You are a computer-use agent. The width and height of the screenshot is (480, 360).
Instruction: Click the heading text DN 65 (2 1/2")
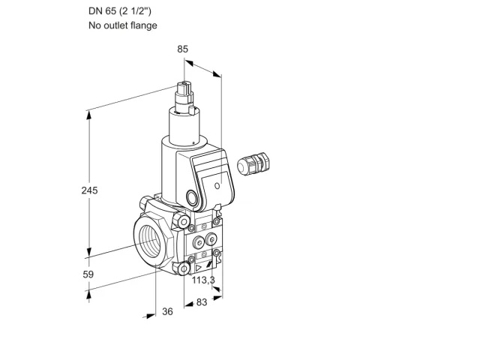120,11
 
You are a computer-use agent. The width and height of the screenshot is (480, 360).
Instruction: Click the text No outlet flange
123,25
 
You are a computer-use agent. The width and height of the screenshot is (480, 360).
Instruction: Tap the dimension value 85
183,49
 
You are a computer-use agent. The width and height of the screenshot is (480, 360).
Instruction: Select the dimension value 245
89,190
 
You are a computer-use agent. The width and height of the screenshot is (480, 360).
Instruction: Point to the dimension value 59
88,274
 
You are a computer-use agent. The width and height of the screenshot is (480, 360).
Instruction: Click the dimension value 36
167,312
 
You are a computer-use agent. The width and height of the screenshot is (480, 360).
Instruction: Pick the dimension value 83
202,302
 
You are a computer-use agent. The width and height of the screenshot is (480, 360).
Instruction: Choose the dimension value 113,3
203,280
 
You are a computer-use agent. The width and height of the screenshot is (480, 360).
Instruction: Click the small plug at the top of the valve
184,89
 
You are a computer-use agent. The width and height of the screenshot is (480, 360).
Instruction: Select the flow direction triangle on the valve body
199,268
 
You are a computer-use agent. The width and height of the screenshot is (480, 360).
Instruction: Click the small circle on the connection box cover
217,185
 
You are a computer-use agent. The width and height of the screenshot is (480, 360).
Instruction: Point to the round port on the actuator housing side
192,197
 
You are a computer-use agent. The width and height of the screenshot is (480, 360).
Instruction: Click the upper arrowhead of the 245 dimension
89,115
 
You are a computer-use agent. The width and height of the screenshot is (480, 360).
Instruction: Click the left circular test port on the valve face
199,242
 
